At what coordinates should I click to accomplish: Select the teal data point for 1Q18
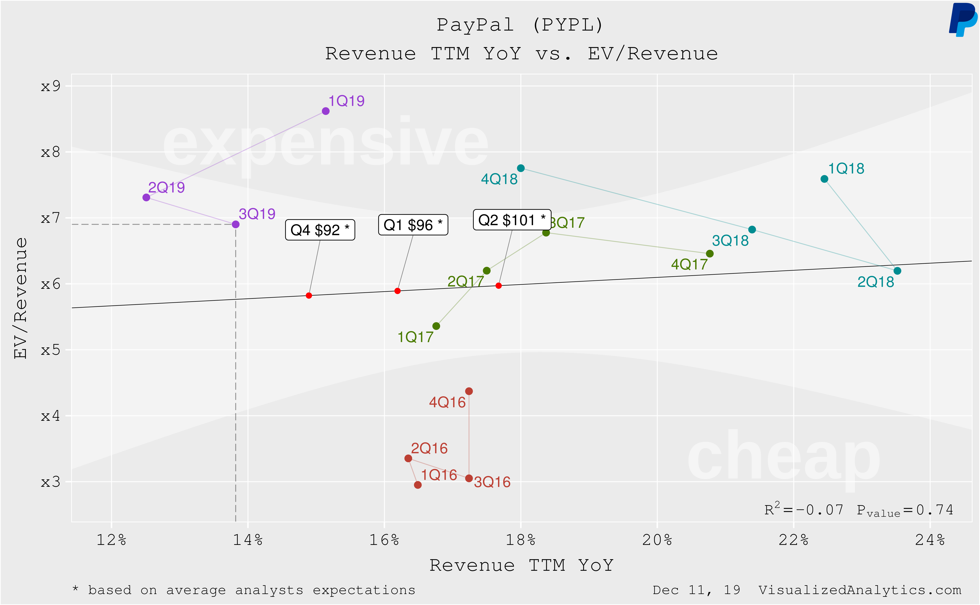pos(824,179)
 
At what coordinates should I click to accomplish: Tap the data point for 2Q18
pos(897,271)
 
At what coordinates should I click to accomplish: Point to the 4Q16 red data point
pos(469,391)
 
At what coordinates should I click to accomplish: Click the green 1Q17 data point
pos(436,326)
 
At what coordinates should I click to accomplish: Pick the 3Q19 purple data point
pos(235,224)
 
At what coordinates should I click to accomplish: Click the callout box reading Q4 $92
pos(320,230)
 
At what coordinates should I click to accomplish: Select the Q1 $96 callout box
pos(413,225)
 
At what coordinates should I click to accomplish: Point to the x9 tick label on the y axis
pos(50,86)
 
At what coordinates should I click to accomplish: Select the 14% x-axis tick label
pos(248,540)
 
